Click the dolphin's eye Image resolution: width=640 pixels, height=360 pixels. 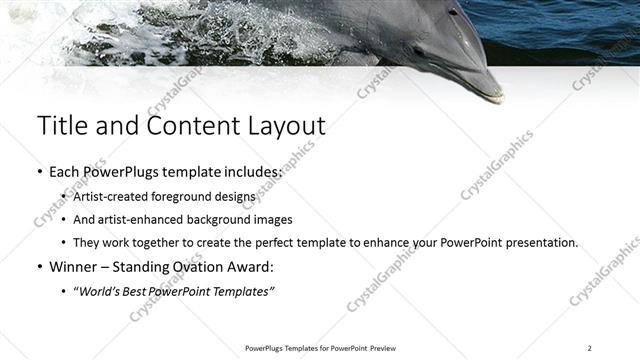point(452,12)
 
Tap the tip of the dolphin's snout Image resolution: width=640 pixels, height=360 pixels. point(498,99)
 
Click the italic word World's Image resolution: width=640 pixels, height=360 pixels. point(104,291)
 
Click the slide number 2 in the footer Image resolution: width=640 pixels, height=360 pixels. point(589,348)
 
